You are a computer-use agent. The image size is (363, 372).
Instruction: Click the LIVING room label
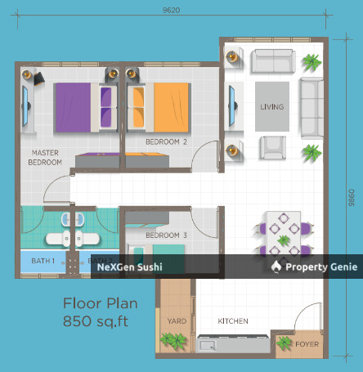[271, 107]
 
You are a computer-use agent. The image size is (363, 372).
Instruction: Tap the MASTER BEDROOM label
[46, 157]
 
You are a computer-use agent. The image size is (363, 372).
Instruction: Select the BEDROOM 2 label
[167, 141]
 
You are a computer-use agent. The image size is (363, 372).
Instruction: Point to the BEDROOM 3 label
[166, 235]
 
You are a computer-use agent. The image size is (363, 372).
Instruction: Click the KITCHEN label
[233, 320]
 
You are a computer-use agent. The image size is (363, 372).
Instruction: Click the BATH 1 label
[43, 261]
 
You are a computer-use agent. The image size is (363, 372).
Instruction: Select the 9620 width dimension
[171, 11]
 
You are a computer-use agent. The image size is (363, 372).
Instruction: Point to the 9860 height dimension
[351, 197]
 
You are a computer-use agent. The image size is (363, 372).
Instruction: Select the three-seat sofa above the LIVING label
[272, 61]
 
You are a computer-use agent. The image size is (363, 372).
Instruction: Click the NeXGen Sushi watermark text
[131, 267]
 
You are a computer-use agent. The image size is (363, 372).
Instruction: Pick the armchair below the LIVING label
[272, 148]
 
